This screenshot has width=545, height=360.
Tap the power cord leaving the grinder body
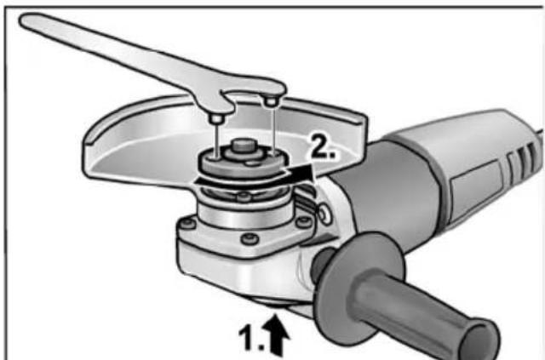tap(536, 132)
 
